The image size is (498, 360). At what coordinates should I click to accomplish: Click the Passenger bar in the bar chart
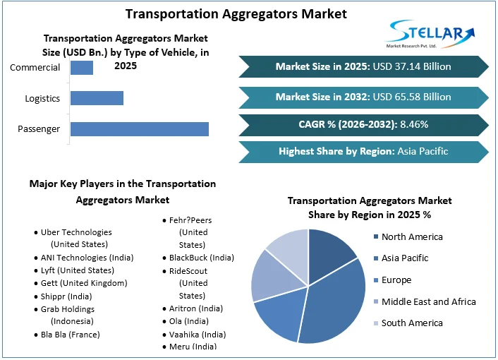click(x=139, y=128)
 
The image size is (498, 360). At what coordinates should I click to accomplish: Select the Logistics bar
click(x=97, y=98)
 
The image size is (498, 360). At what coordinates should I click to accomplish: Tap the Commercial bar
click(x=82, y=68)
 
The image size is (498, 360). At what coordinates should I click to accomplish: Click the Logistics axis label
click(x=42, y=98)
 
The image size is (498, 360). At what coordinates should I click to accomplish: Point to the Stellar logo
click(x=432, y=34)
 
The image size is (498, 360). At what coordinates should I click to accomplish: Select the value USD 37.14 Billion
click(x=413, y=66)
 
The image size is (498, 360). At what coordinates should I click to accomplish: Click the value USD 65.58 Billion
click(x=413, y=97)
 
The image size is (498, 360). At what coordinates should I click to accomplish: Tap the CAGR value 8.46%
click(x=414, y=124)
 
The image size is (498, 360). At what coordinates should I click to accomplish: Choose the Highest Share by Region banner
click(x=363, y=151)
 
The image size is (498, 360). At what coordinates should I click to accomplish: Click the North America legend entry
click(x=412, y=236)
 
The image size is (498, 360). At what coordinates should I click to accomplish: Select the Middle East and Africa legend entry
click(x=428, y=301)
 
